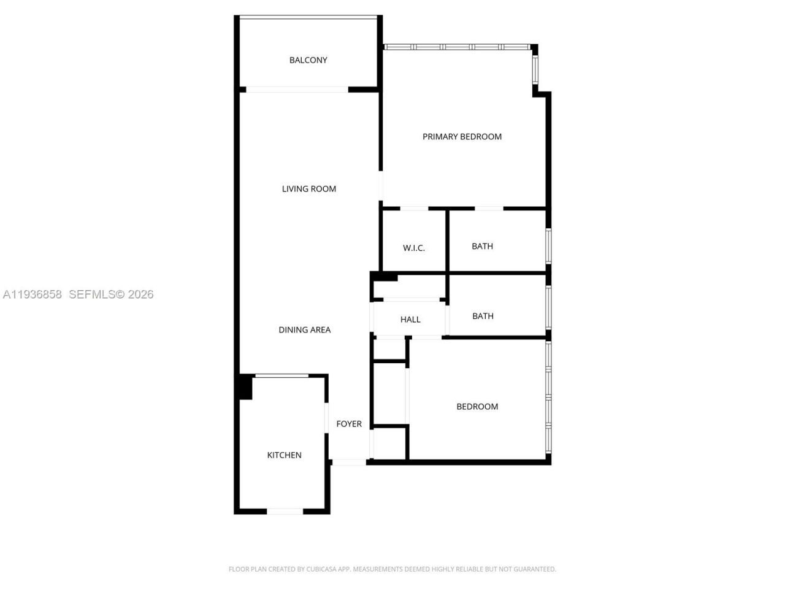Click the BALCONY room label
coord(308,60)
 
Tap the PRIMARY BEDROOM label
coord(462,137)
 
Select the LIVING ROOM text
coord(308,189)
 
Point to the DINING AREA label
coord(304,330)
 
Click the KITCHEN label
coord(284,455)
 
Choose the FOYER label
coord(349,424)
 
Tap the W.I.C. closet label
coord(413,248)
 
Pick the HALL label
coord(410,320)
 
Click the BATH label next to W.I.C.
coord(482,247)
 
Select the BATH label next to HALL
coord(483,317)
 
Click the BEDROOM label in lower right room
coord(477,407)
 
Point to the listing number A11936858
coord(33,294)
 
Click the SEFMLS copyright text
coord(111,294)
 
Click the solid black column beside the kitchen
coord(245,387)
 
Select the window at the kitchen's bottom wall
coord(285,510)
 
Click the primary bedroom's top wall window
coord(457,47)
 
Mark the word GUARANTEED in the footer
coord(537,569)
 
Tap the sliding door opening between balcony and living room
coord(297,90)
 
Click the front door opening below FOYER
coord(349,462)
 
